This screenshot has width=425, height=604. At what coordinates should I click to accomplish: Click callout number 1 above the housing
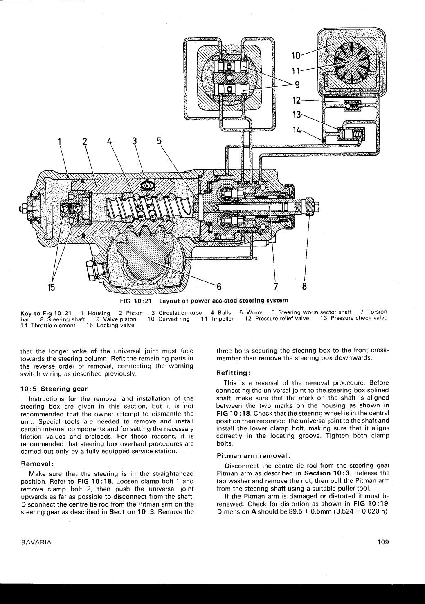click(60, 142)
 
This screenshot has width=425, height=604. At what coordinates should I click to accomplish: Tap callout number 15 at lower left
click(52, 287)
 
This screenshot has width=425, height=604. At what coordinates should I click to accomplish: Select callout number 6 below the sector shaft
click(219, 286)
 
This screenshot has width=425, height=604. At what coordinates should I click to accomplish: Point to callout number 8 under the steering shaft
click(304, 286)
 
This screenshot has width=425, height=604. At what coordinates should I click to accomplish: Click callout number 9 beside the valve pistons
click(298, 85)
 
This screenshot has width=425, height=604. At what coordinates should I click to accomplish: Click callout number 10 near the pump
click(296, 55)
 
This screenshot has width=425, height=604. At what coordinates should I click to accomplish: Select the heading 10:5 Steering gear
click(54, 389)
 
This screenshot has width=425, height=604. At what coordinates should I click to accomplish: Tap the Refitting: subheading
click(233, 373)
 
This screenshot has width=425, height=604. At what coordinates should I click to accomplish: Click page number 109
click(383, 542)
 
